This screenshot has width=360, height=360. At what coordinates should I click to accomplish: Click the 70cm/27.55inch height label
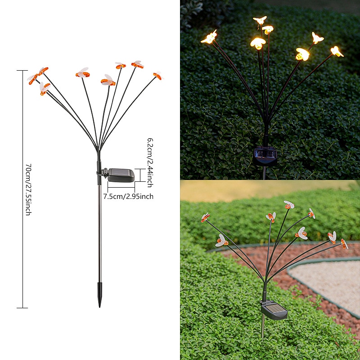tap(28, 189)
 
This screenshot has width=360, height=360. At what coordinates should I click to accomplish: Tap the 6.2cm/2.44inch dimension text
tap(150, 162)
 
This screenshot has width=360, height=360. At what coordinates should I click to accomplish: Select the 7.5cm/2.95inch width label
tap(128, 197)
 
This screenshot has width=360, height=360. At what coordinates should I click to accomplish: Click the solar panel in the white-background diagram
tap(121, 175)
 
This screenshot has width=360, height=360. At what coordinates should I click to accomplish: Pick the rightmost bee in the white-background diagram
tap(158, 76)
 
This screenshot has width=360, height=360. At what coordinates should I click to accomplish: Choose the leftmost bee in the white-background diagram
tap(32, 79)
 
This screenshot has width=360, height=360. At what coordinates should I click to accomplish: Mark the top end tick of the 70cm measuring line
tap(22, 70)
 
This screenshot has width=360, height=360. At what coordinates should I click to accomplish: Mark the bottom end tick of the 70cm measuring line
tap(22, 308)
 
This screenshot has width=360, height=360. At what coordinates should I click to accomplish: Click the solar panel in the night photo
tap(265, 157)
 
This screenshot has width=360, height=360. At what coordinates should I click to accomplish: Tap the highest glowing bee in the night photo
tap(260, 20)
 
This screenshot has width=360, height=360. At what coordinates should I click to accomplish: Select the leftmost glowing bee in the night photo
tap(209, 37)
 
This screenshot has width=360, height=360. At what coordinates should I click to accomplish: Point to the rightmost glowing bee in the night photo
tap(337, 51)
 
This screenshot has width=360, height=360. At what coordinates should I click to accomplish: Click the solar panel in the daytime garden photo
tap(274, 310)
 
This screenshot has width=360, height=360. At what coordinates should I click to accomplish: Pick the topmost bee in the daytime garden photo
tap(289, 205)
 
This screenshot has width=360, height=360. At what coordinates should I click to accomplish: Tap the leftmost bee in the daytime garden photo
tap(205, 217)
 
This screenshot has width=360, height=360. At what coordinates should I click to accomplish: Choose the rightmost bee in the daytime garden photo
tap(344, 244)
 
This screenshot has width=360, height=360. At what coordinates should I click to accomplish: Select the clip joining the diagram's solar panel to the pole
tap(103, 173)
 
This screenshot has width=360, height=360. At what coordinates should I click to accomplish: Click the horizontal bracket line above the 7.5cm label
tap(121, 187)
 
